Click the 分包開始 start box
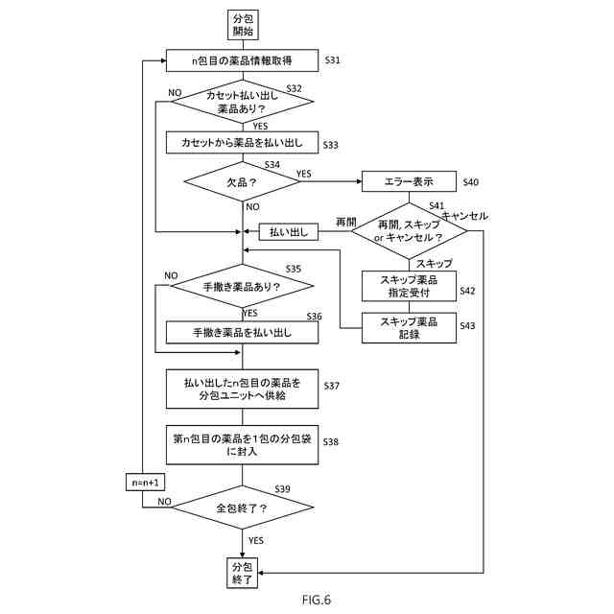242,24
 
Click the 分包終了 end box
242,573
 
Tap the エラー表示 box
409,181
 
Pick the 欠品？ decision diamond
242,181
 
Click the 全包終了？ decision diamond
242,508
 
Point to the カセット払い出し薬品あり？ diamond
242,103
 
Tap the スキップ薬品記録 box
410,327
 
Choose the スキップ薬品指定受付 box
410,286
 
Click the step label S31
333,60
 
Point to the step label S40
470,181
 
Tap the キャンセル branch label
465,216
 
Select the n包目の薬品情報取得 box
242,60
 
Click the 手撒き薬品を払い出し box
242,332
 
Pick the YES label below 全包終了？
256,541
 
